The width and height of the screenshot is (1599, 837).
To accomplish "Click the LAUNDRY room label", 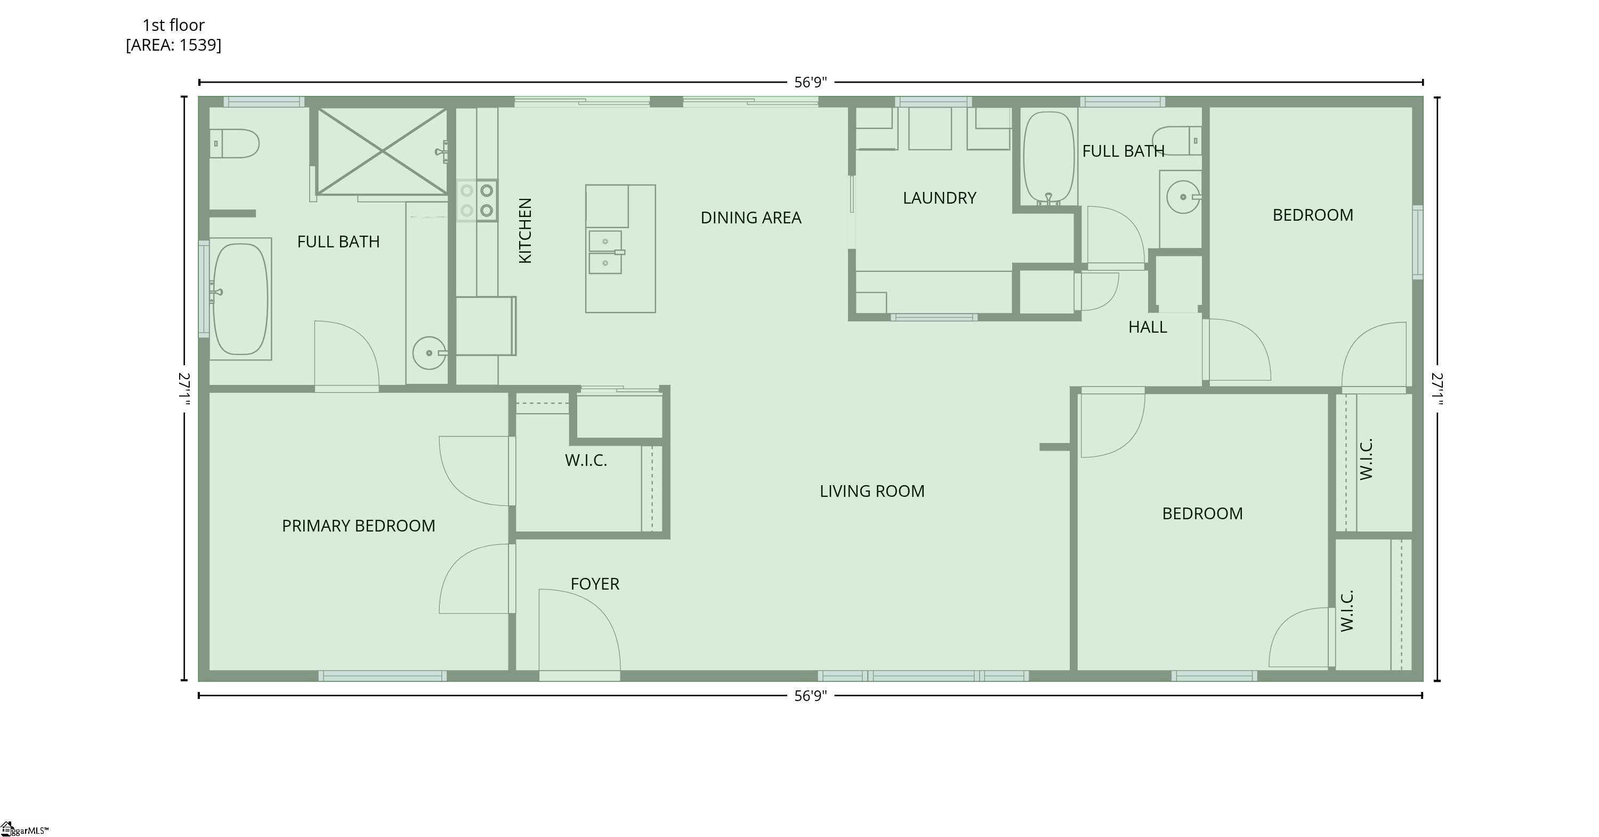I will tap(939, 198).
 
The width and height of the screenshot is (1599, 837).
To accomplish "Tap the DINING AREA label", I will tap(750, 218).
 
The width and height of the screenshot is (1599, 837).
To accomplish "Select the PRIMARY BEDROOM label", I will tap(358, 526).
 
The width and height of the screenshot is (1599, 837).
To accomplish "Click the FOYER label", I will tap(595, 584).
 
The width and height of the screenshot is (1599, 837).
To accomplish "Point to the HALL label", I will tap(1147, 327).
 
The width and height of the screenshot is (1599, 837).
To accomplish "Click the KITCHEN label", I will tap(525, 230).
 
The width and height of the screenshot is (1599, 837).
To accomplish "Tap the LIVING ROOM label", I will tap(871, 491).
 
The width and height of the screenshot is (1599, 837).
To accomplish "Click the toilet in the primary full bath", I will tap(234, 143).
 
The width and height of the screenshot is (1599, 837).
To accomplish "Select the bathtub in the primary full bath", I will tap(240, 299).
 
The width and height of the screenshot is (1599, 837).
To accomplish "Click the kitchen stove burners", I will tap(477, 200).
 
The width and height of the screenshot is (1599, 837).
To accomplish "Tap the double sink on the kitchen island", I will tap(605, 252).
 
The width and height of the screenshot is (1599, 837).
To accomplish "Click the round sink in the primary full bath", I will tap(429, 353).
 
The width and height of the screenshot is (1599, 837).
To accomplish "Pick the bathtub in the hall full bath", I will tap(1048, 157).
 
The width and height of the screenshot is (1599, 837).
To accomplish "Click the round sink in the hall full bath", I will tap(1183, 197).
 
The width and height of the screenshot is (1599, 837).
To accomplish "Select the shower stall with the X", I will tap(382, 151).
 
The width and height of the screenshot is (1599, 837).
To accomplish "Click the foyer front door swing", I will tap(577, 630).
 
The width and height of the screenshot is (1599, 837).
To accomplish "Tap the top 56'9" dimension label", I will tap(810, 83).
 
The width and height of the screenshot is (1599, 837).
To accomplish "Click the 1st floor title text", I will tap(173, 26).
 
